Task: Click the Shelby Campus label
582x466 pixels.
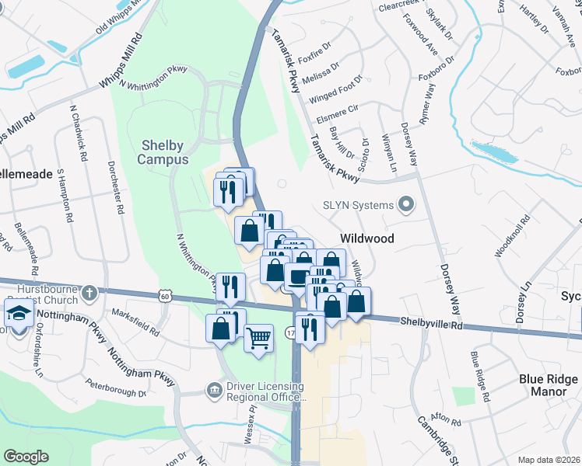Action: coord(163,152)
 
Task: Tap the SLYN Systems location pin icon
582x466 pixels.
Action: coord(405,206)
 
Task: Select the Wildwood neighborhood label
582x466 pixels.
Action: coord(367,238)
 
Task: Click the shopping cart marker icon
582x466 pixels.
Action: coord(258,338)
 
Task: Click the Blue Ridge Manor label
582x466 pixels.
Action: coord(549,385)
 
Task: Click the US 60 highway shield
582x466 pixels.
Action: coord(163,296)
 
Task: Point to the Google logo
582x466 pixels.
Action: coord(26,457)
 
